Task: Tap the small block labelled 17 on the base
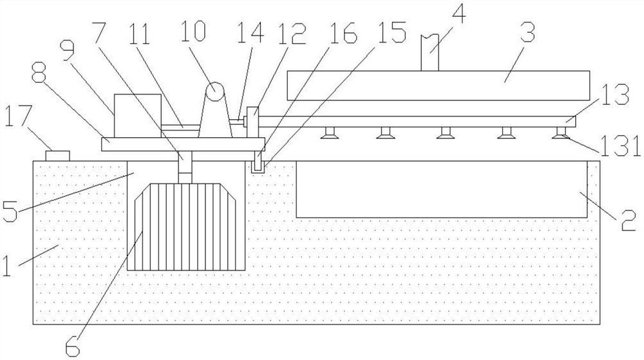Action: click(x=57, y=156)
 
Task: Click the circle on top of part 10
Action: click(x=215, y=91)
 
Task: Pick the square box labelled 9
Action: click(x=138, y=116)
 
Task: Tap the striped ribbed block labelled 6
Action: click(x=186, y=227)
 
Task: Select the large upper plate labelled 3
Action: click(x=438, y=86)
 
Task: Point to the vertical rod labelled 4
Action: click(x=430, y=53)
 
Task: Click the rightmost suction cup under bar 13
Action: click(x=562, y=133)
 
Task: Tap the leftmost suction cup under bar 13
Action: click(x=329, y=133)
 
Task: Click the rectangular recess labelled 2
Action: click(x=442, y=189)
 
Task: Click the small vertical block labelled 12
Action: click(x=252, y=122)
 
